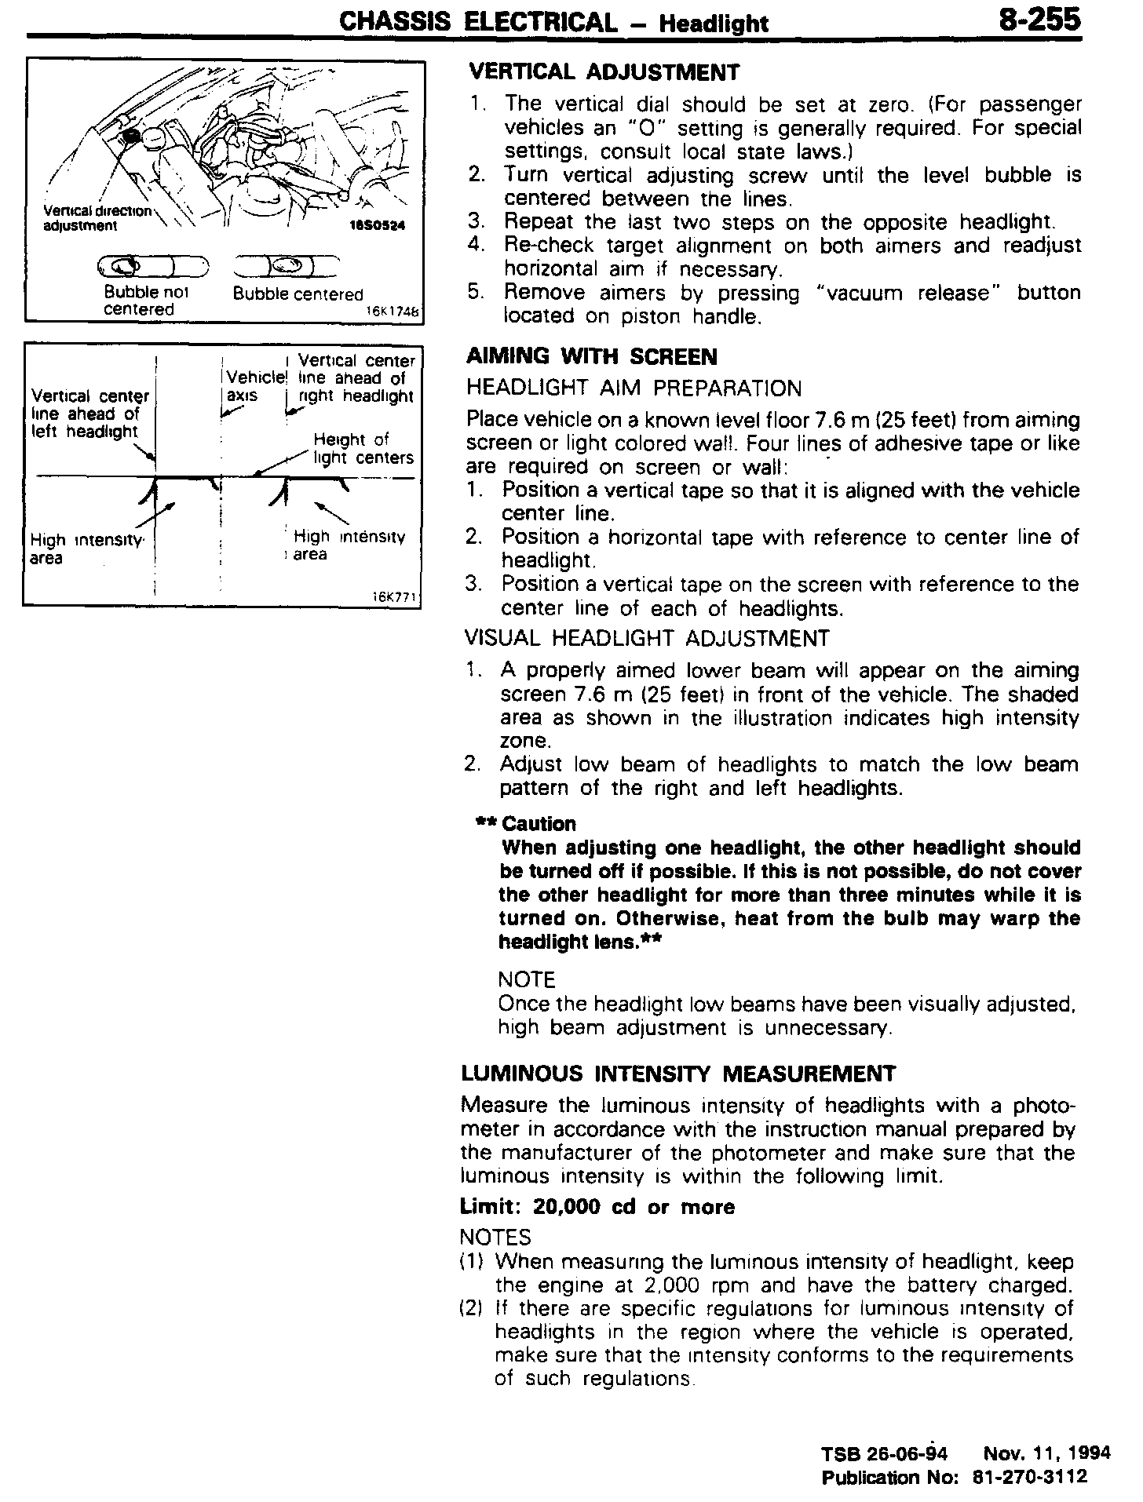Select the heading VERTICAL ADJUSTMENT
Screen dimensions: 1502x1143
(x=604, y=73)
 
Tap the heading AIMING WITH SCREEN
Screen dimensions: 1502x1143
(x=591, y=358)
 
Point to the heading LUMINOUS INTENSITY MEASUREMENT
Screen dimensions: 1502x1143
(x=678, y=1074)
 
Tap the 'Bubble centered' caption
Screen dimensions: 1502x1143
(x=298, y=294)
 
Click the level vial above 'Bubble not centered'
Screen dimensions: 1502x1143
(x=152, y=268)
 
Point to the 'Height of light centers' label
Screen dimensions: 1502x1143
(x=363, y=449)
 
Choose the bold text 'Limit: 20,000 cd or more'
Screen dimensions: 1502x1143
(x=597, y=1207)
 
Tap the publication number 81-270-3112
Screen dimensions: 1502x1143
(x=1029, y=1477)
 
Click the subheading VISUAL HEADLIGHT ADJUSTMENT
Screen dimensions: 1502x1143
(x=647, y=639)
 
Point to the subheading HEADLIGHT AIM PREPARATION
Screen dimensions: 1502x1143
(x=634, y=389)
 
